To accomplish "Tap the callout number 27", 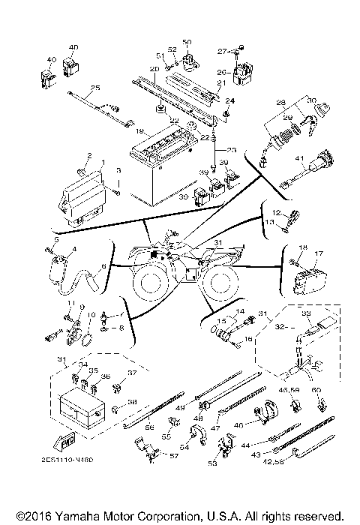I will (x=222, y=52).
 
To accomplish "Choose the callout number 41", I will (x=298, y=158).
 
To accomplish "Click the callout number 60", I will (x=317, y=389).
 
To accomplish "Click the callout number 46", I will (x=239, y=424).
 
